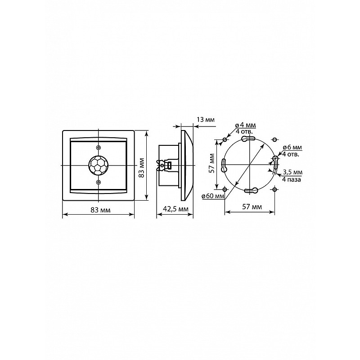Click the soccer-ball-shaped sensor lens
98,165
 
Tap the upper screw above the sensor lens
98,148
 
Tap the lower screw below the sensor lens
98,182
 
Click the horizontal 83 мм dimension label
100,210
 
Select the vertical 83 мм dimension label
142,167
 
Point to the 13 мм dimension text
206,120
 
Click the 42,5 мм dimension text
175,209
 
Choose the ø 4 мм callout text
245,126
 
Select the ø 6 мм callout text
292,148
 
